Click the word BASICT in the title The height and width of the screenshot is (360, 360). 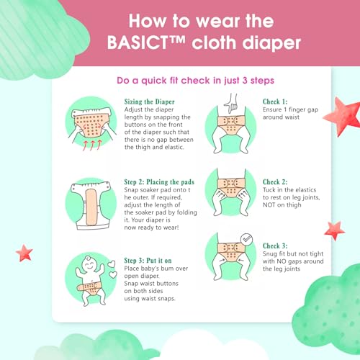[138, 42]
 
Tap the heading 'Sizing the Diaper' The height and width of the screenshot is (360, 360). [149, 102]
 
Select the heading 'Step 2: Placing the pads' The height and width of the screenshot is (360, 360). [159, 182]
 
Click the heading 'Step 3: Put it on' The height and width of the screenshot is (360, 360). [148, 261]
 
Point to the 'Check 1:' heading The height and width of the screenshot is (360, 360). [275, 102]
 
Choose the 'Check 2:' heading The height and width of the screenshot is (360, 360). [275, 182]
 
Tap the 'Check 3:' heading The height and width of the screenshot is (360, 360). [275, 246]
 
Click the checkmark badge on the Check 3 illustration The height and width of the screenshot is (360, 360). [247, 239]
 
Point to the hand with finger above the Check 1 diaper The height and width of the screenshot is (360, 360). [231, 104]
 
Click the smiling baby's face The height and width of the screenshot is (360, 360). [89, 264]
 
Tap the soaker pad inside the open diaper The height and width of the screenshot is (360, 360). [91, 207]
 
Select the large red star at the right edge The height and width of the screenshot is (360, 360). [343, 116]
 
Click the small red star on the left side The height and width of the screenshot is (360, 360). [24, 253]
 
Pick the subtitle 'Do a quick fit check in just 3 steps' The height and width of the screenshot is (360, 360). [195, 81]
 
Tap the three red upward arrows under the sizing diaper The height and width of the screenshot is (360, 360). [92, 145]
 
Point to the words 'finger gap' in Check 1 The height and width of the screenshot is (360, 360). [303, 109]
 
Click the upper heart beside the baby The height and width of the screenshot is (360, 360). [111, 264]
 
